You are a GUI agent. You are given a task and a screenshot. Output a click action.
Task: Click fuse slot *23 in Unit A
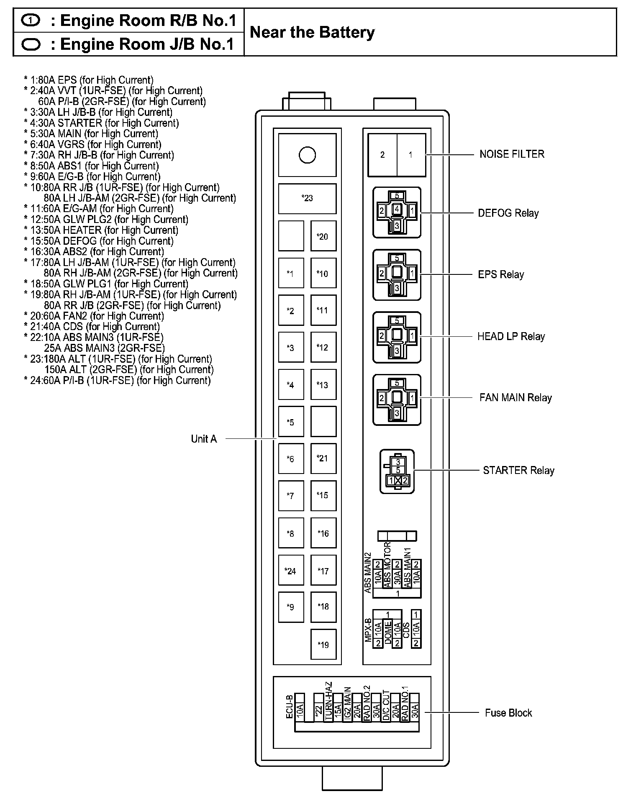(307, 198)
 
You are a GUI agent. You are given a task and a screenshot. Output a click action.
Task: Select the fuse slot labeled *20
(323, 236)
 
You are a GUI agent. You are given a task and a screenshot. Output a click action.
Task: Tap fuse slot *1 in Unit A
(291, 274)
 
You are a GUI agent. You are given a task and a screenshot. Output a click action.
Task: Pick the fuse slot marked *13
(323, 385)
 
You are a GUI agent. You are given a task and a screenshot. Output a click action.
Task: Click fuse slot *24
(291, 571)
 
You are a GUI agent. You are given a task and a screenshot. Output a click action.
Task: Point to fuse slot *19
(323, 645)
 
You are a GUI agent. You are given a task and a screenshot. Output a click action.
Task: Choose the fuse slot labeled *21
(323, 458)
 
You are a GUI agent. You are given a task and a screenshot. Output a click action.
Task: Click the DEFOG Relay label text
(508, 213)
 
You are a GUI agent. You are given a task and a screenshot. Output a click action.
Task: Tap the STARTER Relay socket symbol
(397, 471)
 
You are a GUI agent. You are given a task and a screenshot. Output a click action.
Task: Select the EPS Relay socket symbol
(397, 275)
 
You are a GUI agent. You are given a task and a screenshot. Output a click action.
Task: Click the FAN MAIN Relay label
(515, 398)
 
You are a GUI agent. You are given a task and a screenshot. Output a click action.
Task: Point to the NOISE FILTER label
(512, 154)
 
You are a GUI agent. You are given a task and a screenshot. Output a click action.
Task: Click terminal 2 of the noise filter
(382, 155)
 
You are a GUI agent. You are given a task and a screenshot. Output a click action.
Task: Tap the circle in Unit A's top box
(307, 155)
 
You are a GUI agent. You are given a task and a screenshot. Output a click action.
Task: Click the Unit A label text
(204, 439)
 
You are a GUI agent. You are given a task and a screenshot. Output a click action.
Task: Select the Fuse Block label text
(508, 713)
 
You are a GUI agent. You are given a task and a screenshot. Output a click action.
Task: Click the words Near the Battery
(312, 33)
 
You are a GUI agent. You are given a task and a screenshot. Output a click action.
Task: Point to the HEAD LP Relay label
(511, 337)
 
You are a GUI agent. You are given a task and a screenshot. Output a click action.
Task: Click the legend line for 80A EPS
(89, 80)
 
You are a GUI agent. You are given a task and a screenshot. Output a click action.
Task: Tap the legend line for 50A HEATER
(101, 230)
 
